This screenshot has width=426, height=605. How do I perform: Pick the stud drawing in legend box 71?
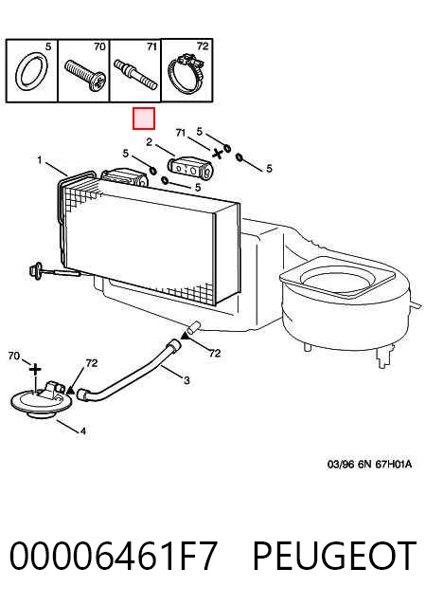[135, 75]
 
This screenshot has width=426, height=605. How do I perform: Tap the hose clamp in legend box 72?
[186, 74]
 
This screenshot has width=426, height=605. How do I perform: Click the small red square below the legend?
[144, 119]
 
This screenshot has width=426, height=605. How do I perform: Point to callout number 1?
[40, 159]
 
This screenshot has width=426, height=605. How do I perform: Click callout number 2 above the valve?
[149, 142]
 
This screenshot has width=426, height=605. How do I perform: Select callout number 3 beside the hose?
[186, 381]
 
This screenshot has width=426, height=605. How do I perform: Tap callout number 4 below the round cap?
[83, 431]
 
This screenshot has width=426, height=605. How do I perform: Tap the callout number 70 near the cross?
[14, 356]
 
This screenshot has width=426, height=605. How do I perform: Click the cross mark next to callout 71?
[218, 154]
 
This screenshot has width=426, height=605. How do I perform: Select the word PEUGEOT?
[335, 556]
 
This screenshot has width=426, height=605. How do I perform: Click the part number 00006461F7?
[114, 556]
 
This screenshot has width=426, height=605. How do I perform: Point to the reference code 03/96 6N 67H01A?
[369, 464]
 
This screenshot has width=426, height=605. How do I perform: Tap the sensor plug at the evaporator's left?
[37, 269]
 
